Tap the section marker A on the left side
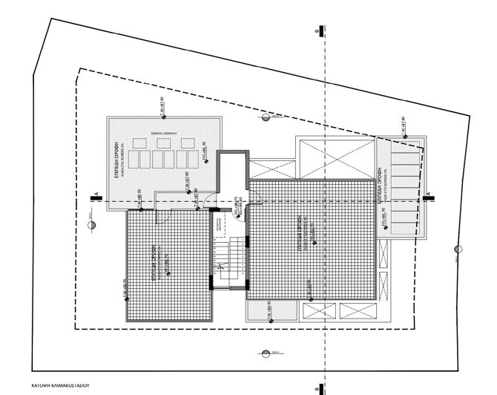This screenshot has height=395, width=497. click(x=96, y=196)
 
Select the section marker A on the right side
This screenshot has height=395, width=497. click(x=429, y=196)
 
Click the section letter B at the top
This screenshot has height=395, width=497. click(x=317, y=33)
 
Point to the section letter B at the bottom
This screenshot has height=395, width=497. click(x=317, y=387)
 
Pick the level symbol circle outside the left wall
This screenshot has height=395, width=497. click(x=88, y=222)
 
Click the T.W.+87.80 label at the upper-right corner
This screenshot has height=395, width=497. click(x=403, y=126)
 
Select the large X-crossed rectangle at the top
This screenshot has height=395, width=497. click(x=332, y=157)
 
